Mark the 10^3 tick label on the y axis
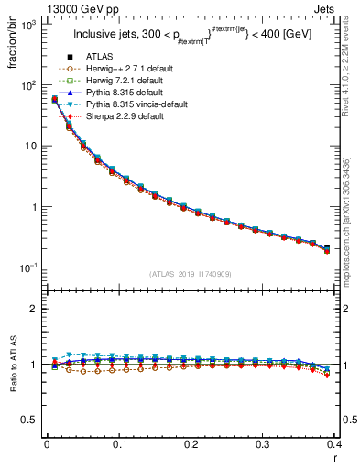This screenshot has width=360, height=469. (x=30, y=26)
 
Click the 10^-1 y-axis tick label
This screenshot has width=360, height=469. (x=30, y=267)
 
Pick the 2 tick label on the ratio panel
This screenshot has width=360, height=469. (x=36, y=309)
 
